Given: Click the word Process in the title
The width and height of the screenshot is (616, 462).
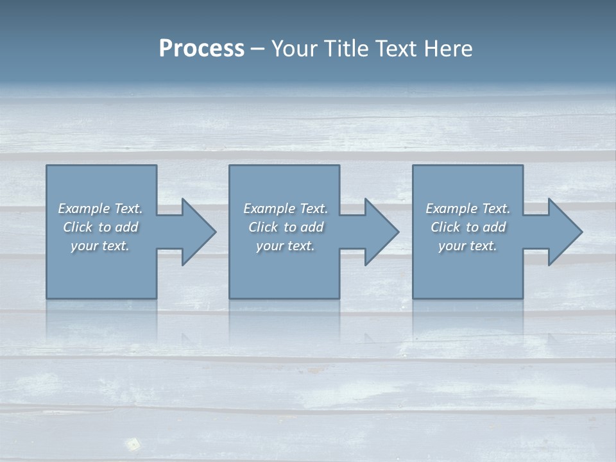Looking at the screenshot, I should click(201, 49).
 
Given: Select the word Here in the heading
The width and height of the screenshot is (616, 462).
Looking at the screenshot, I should click(448, 49).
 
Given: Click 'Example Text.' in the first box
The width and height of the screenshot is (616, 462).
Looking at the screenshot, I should click(100, 209).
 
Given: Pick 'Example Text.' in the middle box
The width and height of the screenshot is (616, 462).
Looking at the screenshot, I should click(286, 209).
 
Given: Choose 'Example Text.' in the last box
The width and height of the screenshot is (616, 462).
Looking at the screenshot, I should click(468, 209).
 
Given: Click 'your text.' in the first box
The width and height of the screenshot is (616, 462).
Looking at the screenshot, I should click(100, 246).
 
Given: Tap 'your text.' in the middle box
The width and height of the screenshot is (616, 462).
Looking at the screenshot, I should click(286, 246).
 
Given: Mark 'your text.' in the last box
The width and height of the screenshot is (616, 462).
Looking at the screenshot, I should click(468, 246).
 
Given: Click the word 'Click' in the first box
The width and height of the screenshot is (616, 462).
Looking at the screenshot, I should click(78, 227).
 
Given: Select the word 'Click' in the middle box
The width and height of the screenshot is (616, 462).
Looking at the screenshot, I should click(263, 227).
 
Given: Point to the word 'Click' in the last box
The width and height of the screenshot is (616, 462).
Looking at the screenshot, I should click(445, 227).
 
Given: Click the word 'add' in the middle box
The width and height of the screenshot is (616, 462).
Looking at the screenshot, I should click(312, 227).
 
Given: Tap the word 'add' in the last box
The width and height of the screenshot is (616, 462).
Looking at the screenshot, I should click(494, 227).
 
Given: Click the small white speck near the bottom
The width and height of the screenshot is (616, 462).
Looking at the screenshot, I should click(133, 443).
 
